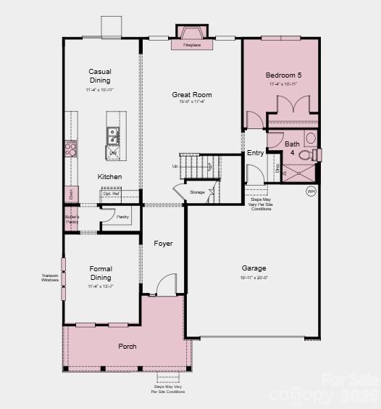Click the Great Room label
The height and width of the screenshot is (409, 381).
coord(192,94)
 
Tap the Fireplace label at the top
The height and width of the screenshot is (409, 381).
coord(192,45)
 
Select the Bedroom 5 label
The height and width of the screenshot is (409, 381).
coord(283,75)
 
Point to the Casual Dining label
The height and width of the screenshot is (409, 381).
coord(100,75)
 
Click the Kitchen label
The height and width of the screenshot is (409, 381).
coord(110,177)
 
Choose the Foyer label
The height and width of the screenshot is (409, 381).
coord(163,244)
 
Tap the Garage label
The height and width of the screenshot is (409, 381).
coord(254,268)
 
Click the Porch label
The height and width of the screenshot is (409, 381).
coord(127,347)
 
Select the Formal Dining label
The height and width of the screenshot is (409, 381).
coord(101,273)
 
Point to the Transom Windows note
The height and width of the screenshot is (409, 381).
coord(50,278)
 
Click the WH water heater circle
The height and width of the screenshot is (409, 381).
coord(311,191)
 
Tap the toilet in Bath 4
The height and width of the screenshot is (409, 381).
coord(307,154)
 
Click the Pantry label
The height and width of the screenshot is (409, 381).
coord(122,216)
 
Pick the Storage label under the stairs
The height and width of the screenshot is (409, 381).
coord(197,191)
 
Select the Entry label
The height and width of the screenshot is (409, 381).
coord(255,153)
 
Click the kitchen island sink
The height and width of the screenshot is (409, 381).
coord(114,133)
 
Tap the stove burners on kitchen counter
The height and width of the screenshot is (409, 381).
coord(70,149)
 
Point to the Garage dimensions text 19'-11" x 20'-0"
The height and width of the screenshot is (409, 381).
coord(254,278)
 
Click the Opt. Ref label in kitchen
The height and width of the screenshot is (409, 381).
coord(111,194)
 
